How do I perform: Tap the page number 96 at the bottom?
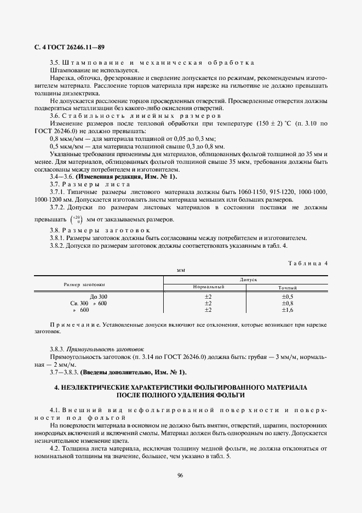(x=180, y=475)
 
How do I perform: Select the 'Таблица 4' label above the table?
(x=307, y=263)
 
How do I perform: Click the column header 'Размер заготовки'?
(x=84, y=284)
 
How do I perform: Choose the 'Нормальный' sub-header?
(x=209, y=288)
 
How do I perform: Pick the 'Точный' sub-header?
(x=288, y=288)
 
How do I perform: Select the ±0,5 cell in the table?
(x=288, y=297)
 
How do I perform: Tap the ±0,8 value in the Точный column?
(x=288, y=303)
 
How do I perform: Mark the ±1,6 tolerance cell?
(x=288, y=310)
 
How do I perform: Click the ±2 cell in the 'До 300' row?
(x=208, y=297)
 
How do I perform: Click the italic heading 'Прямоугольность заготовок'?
(x=105, y=349)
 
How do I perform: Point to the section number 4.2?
(x=55, y=449)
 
